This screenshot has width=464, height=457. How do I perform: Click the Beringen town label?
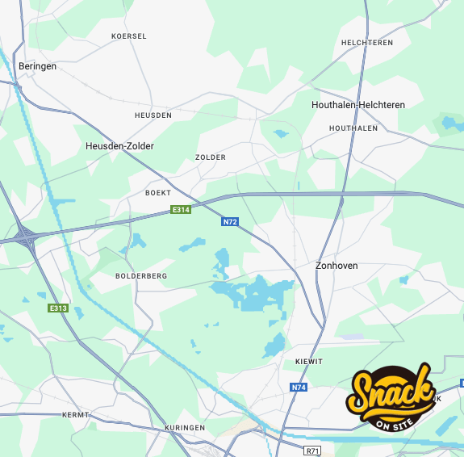point(37,66)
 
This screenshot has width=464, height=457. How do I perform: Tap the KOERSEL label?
point(129,36)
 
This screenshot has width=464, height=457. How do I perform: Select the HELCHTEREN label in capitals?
point(367,43)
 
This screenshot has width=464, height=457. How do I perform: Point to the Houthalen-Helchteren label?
point(358,105)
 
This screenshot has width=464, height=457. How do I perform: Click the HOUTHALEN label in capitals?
point(353,128)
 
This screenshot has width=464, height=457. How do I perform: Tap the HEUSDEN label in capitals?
point(153,115)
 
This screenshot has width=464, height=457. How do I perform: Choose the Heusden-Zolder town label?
point(119,146)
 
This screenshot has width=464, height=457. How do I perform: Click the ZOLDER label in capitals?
point(211,157)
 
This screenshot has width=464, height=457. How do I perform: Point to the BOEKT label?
point(158,193)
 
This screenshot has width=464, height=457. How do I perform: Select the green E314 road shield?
point(181,210)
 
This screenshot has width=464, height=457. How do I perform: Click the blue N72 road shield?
point(230,220)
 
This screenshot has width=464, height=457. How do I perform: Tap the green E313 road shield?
point(57,308)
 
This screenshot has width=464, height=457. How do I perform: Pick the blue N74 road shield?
point(299,388)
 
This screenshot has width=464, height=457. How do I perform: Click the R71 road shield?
point(312,451)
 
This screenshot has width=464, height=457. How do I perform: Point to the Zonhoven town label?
point(337,266)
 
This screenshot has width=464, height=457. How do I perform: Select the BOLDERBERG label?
point(141,276)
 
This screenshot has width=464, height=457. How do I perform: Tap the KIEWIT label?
point(309,362)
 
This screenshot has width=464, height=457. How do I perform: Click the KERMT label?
point(75,415)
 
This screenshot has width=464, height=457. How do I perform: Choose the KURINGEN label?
point(185,427)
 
